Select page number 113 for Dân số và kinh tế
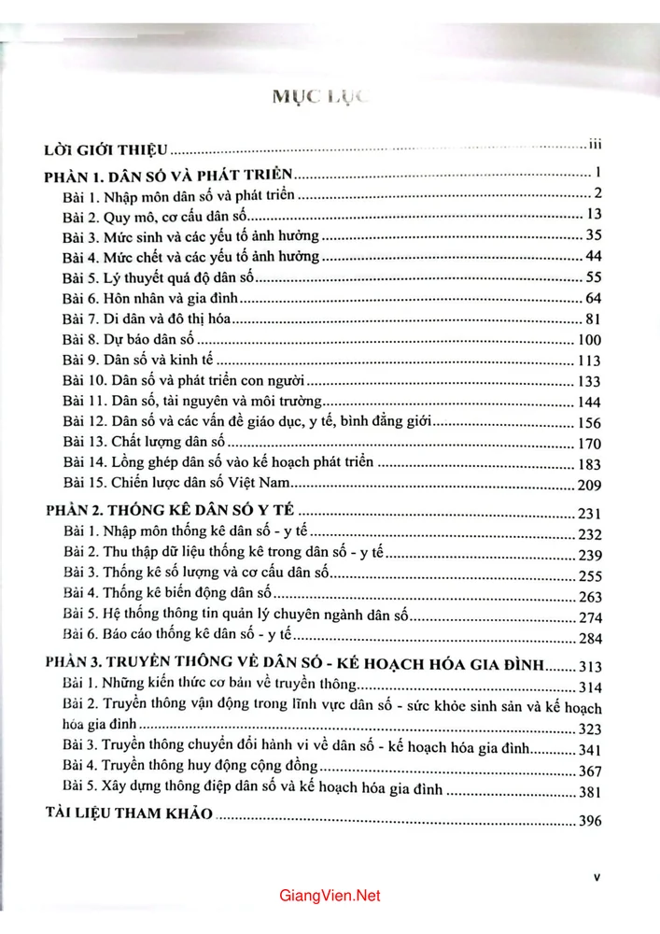click(592, 361)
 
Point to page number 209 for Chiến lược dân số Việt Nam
click(593, 485)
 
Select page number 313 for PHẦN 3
click(592, 666)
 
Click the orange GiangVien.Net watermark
click(330, 896)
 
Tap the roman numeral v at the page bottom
click(597, 879)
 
